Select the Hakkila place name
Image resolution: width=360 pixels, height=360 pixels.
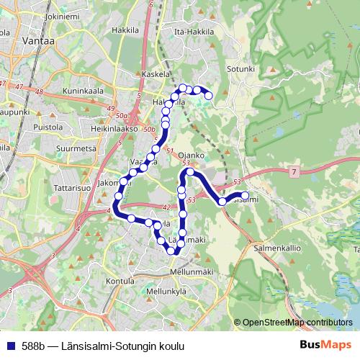tap(125, 30)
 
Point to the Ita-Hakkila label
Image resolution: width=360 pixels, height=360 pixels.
tap(196, 32)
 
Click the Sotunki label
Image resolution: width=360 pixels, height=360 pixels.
tap(242, 68)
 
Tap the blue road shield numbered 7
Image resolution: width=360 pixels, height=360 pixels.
tap(294, 172)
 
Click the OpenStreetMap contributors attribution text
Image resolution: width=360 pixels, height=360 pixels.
tap(297, 323)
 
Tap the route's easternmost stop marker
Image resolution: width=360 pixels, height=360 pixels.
tap(245, 196)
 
